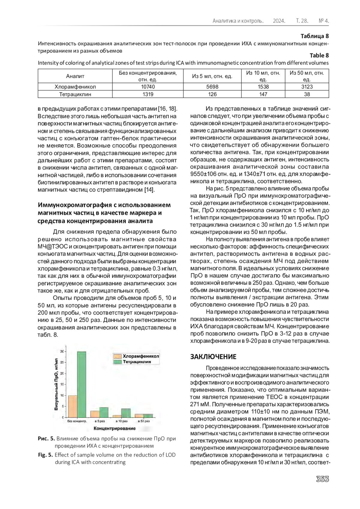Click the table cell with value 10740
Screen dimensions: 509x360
(x=148, y=87)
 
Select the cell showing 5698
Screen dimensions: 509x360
(x=212, y=87)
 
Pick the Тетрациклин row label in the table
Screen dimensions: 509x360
(x=75, y=94)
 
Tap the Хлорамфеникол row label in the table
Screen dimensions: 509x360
(x=75, y=87)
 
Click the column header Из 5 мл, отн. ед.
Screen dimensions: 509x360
(x=212, y=76)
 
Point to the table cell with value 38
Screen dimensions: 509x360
(x=307, y=94)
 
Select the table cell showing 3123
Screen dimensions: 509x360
(x=307, y=87)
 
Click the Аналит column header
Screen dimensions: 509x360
(x=75, y=76)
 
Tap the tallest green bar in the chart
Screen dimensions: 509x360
(x=82, y=384)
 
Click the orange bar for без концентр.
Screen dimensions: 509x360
(x=73, y=406)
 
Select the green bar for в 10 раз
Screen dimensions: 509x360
(x=126, y=413)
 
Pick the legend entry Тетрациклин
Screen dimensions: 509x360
(x=137, y=362)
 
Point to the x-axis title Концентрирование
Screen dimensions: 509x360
(x=115, y=428)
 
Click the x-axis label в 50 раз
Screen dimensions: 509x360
(x=144, y=421)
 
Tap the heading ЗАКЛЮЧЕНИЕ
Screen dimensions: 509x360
(x=213, y=357)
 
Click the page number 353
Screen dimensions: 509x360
(x=322, y=479)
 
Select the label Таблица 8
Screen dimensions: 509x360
(x=315, y=36)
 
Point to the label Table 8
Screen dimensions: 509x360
(x=319, y=55)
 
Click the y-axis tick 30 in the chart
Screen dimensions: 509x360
(x=62, y=351)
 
